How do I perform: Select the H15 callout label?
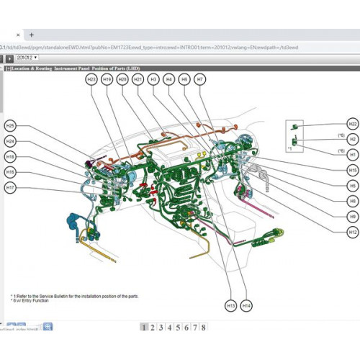(352, 170)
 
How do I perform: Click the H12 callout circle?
(352, 232)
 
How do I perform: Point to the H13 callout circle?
(231, 305)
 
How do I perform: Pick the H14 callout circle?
(247, 305)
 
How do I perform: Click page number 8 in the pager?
(204, 328)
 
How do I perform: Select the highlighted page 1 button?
(144, 328)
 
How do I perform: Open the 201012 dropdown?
(27, 58)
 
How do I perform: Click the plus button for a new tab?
(32, 35)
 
